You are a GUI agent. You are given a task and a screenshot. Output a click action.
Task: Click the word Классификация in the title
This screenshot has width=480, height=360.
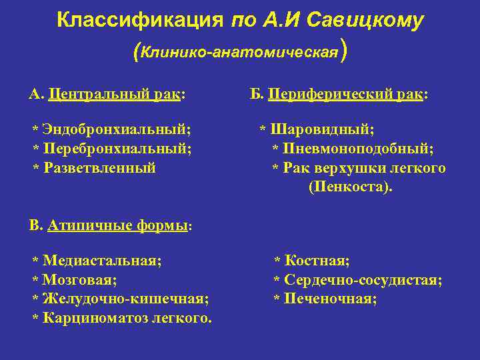click(x=139, y=21)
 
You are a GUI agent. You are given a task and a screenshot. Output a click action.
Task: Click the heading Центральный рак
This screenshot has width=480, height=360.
click(x=116, y=95)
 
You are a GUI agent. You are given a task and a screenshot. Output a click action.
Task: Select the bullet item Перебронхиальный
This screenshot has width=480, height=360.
click(x=117, y=149)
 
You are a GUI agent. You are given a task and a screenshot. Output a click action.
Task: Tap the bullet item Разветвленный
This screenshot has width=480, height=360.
click(x=99, y=168)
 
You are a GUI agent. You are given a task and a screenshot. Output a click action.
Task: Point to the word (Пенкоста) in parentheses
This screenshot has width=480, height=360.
click(x=351, y=187)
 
